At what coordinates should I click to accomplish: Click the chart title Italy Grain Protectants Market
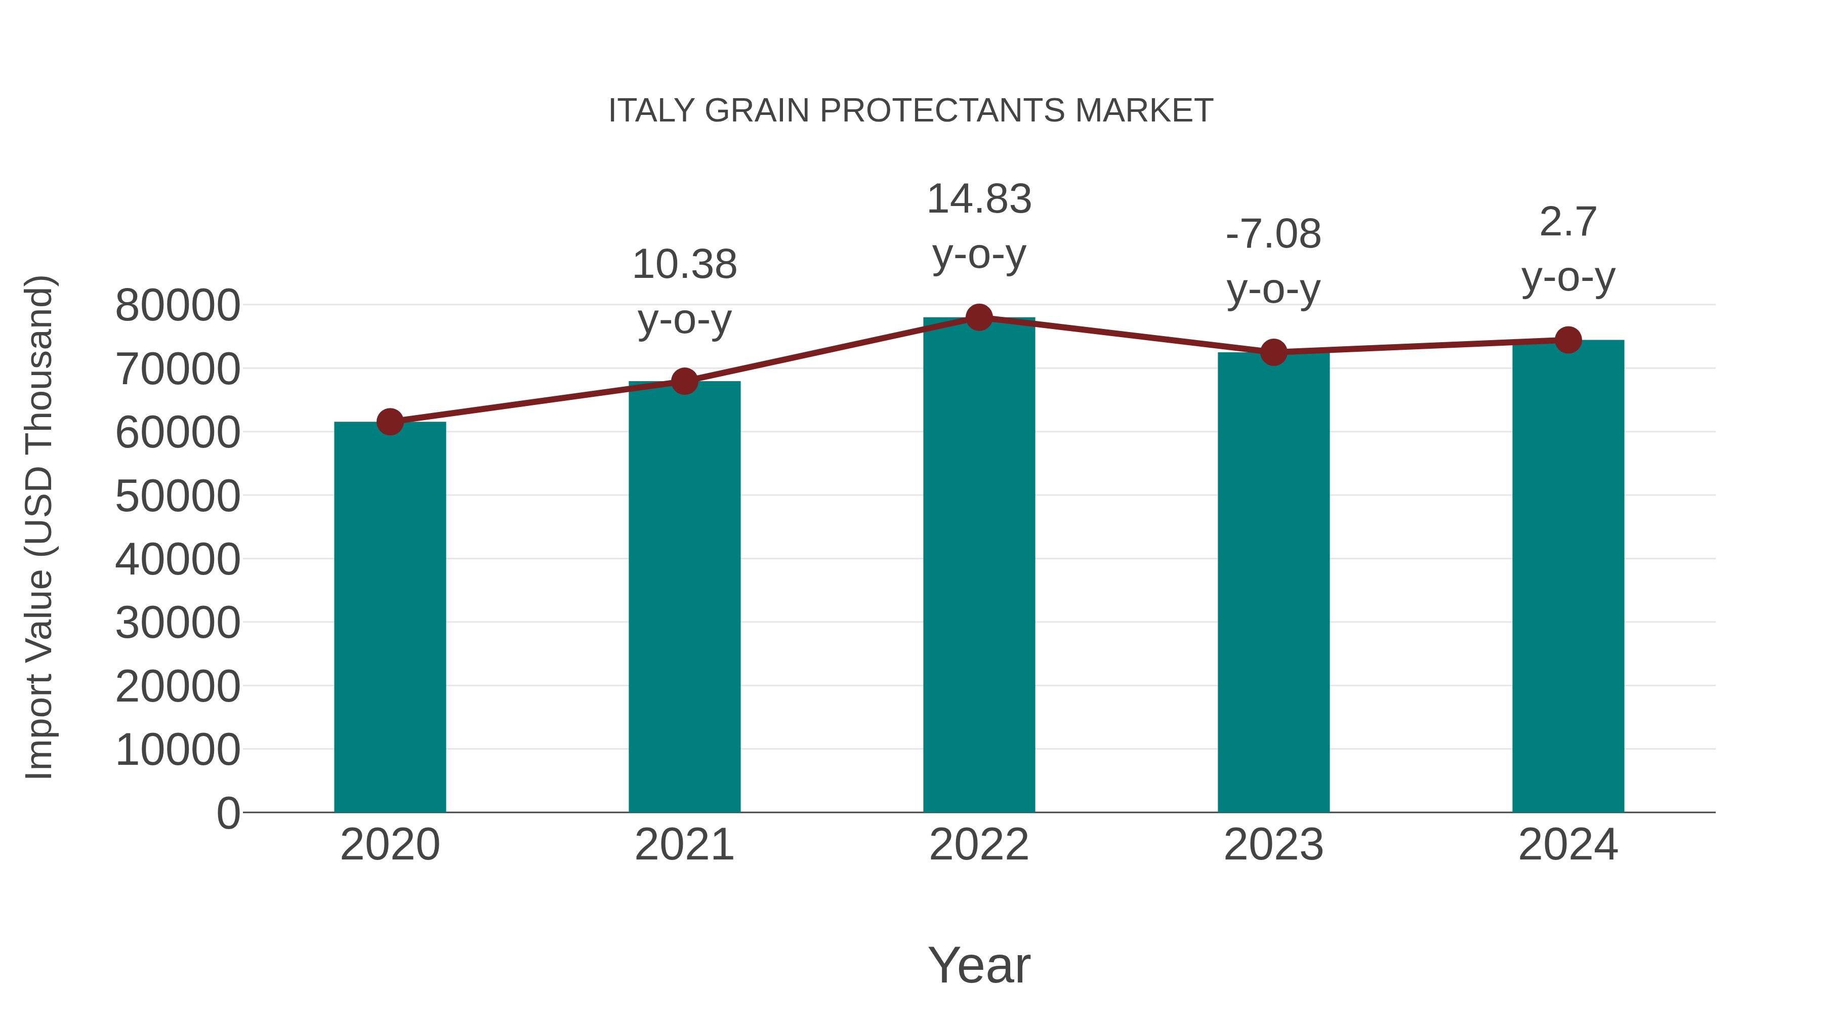[910, 111]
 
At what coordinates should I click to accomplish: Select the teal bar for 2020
[390, 616]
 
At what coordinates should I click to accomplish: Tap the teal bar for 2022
[979, 566]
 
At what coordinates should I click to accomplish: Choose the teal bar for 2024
[1568, 577]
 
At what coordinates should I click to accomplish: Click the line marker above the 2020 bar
[390, 422]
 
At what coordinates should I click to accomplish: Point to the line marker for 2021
[684, 381]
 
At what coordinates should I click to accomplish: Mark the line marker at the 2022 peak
[979, 317]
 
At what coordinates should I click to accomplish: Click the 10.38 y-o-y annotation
[684, 292]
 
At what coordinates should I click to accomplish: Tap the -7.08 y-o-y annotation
[1273, 261]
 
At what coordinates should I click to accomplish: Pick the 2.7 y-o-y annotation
[1568, 249]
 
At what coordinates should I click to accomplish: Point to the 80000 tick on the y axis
[178, 306]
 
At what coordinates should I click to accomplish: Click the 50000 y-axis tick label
[178, 496]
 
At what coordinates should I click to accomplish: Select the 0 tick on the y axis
[228, 813]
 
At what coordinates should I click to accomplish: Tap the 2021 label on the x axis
[684, 845]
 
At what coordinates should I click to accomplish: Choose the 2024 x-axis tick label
[1568, 845]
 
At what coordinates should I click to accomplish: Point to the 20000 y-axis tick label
[178, 686]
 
